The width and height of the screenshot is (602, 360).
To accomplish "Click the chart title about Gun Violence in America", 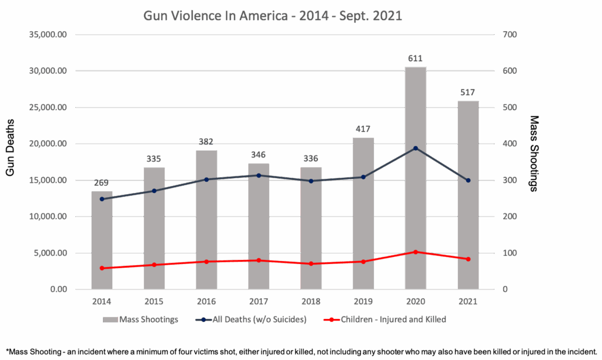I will [x=273, y=16].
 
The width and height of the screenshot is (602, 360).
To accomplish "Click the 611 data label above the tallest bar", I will [x=416, y=58].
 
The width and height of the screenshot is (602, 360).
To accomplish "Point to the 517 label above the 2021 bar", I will [x=468, y=92].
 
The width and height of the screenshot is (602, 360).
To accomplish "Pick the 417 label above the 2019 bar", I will [x=363, y=129].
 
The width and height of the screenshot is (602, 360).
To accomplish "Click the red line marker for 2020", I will [x=416, y=252].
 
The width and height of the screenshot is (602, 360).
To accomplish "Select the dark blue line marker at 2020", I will [x=416, y=148].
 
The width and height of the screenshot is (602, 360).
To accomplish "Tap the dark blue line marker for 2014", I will [x=102, y=199].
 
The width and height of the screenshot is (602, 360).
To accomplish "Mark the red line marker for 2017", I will [x=259, y=260].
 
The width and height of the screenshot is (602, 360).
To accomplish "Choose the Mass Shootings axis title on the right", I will [x=534, y=153].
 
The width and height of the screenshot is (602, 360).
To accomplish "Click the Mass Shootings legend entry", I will [x=141, y=319].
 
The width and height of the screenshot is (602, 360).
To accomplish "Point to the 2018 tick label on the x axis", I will [x=311, y=301].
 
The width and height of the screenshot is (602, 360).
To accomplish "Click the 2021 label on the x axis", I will [x=468, y=301].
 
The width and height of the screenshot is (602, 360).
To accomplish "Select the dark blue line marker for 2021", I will [x=468, y=181].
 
